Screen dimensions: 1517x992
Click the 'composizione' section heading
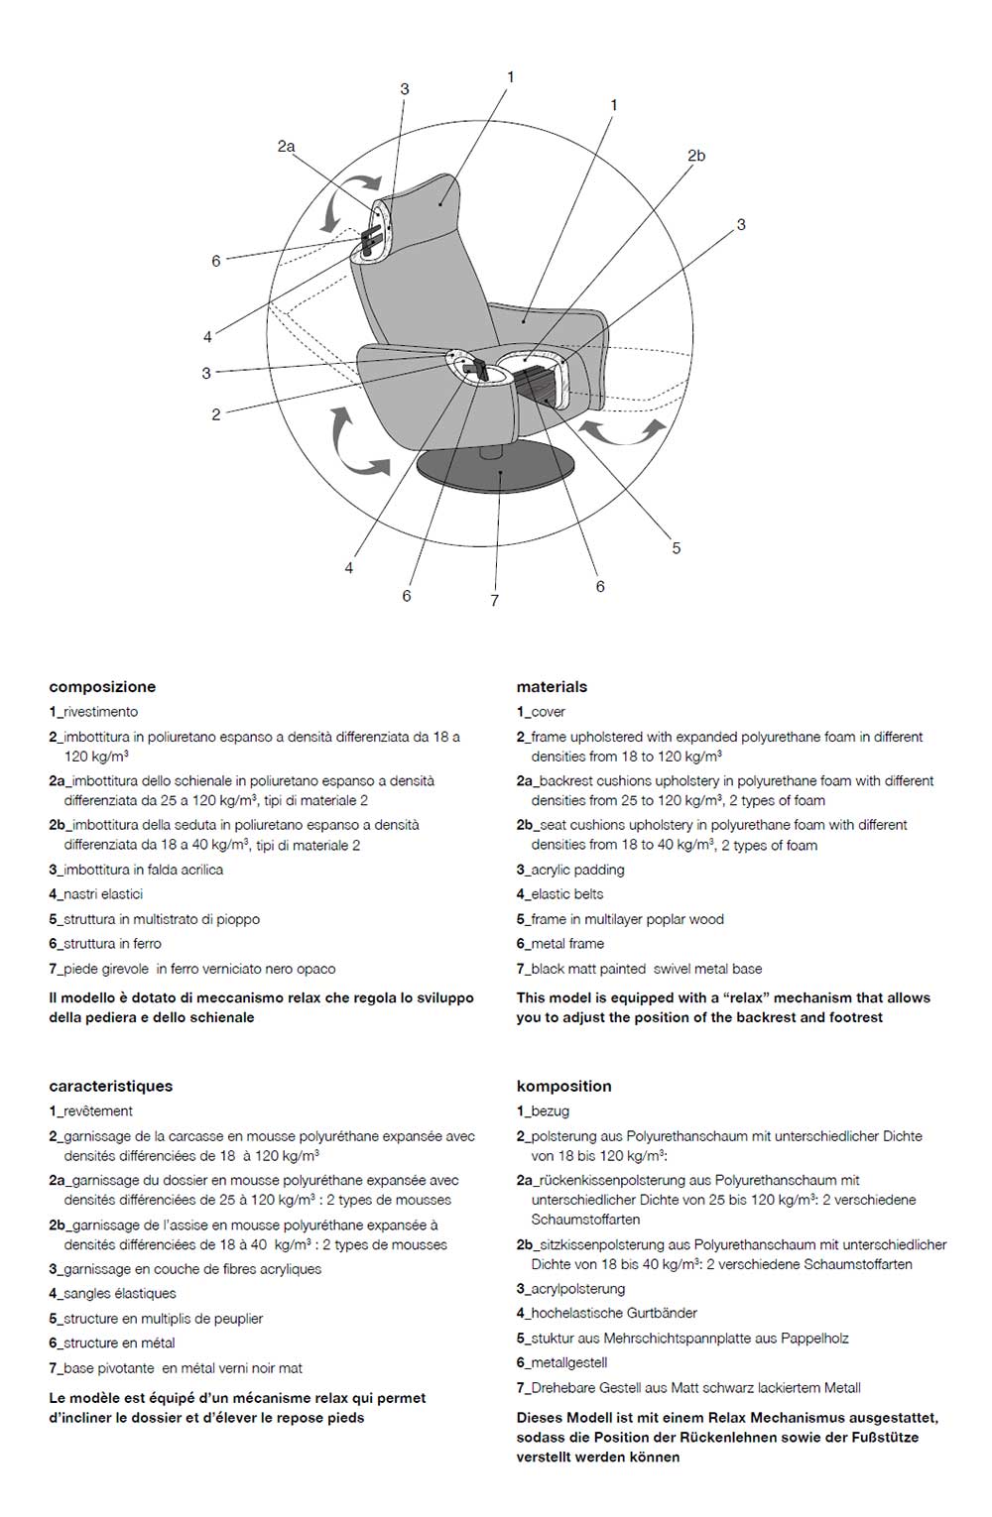click(x=102, y=686)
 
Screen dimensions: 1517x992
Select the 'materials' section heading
click(x=552, y=686)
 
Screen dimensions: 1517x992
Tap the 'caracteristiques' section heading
click(x=110, y=1086)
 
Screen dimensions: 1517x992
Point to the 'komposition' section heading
click(x=563, y=1086)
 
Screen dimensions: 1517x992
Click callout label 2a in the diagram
click(x=286, y=146)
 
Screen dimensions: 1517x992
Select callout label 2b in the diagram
click(x=696, y=156)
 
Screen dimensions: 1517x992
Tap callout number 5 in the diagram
click(x=677, y=547)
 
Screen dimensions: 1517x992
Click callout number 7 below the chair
click(x=494, y=600)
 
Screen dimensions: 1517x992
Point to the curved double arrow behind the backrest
click(x=357, y=446)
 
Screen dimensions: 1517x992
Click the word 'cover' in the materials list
click(x=548, y=712)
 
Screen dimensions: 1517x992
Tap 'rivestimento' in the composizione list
click(x=100, y=712)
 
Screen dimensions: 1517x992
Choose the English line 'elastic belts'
click(x=566, y=894)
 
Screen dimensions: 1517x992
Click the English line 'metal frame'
click(x=566, y=944)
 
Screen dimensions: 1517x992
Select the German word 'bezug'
click(x=550, y=1111)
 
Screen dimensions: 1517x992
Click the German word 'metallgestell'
click(x=568, y=1363)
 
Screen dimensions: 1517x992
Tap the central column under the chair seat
click(x=490, y=452)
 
